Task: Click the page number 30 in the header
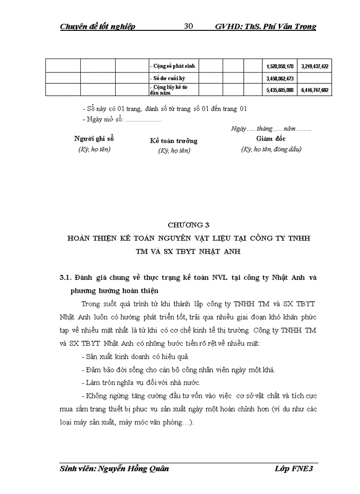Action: point(188,27)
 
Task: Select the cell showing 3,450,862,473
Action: point(280,78)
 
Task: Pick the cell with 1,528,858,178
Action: point(280,66)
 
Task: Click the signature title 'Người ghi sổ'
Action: point(94,139)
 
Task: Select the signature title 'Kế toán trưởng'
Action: point(173,140)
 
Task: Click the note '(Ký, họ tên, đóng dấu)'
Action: point(271,149)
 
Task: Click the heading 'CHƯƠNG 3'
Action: point(189,224)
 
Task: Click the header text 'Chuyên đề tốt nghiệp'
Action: point(97,27)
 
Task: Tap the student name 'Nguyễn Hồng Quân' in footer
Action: point(135,469)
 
